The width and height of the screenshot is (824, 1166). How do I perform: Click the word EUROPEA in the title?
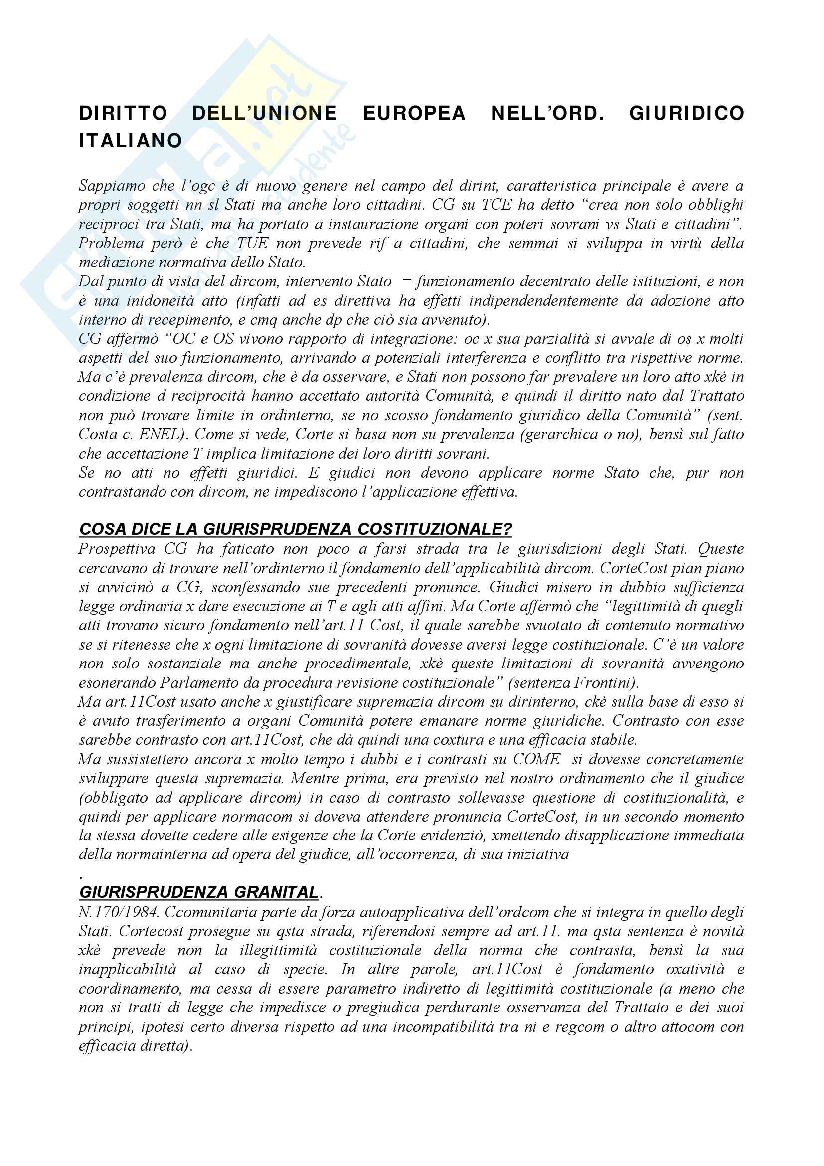[x=414, y=113]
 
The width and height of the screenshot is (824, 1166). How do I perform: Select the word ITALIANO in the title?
[x=131, y=141]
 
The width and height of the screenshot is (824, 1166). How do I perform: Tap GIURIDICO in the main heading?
[x=686, y=113]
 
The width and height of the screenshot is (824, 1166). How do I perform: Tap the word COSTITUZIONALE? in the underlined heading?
[x=435, y=529]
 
